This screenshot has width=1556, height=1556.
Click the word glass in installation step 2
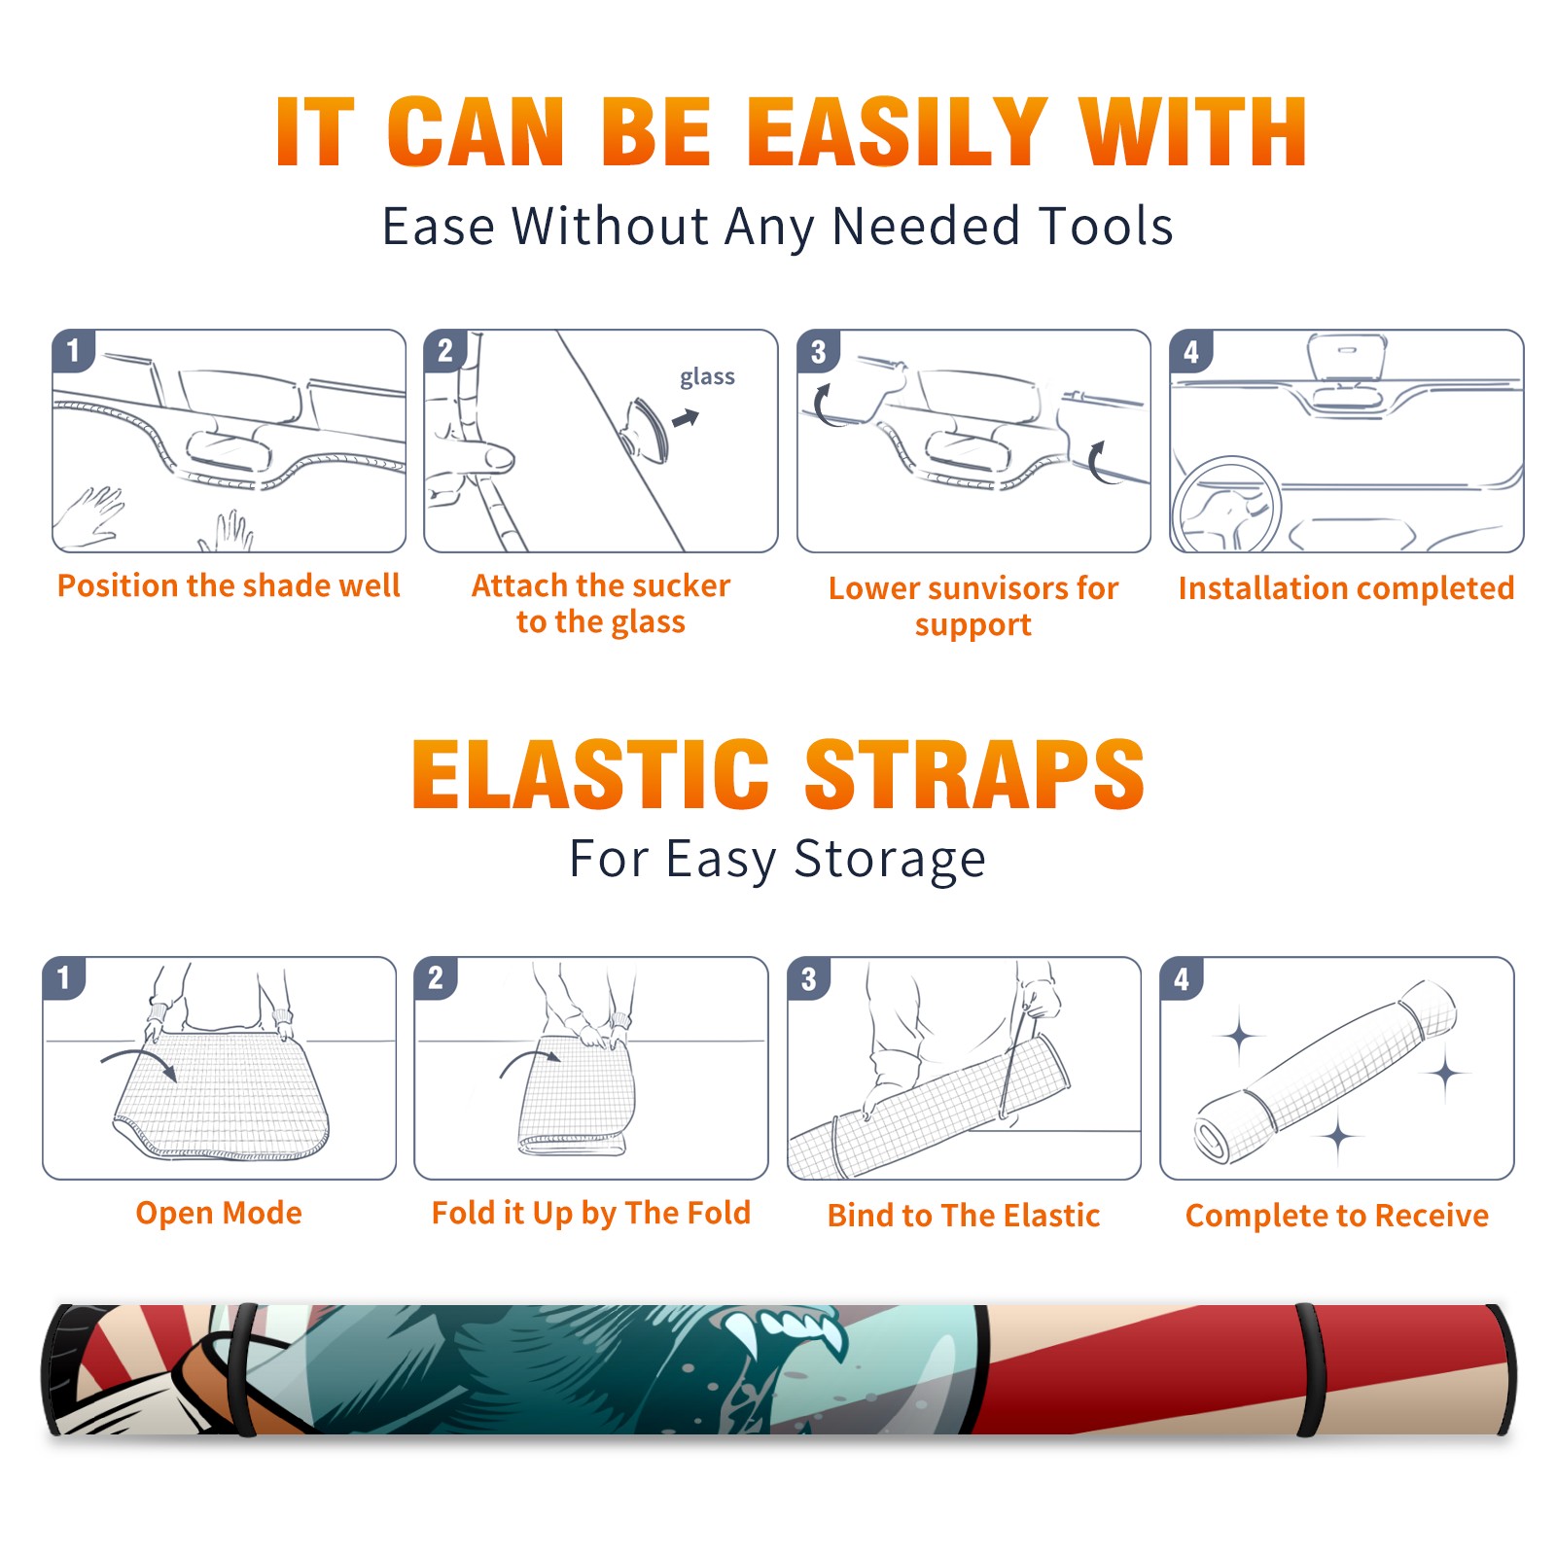(x=707, y=376)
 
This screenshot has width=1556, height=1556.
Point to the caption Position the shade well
(x=229, y=585)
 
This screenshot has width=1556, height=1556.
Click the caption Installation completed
(x=1346, y=588)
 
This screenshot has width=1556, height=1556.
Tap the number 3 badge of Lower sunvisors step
(x=818, y=351)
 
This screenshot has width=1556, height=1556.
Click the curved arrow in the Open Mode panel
(x=138, y=1063)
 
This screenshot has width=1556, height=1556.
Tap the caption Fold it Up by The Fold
(x=591, y=1214)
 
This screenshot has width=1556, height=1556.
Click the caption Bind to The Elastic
(x=964, y=1216)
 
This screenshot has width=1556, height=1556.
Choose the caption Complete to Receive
(x=1337, y=1216)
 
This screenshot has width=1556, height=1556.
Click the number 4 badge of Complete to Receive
(x=1182, y=978)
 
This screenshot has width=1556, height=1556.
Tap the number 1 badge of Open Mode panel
(x=64, y=977)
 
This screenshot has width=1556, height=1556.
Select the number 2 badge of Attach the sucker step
(x=445, y=350)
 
